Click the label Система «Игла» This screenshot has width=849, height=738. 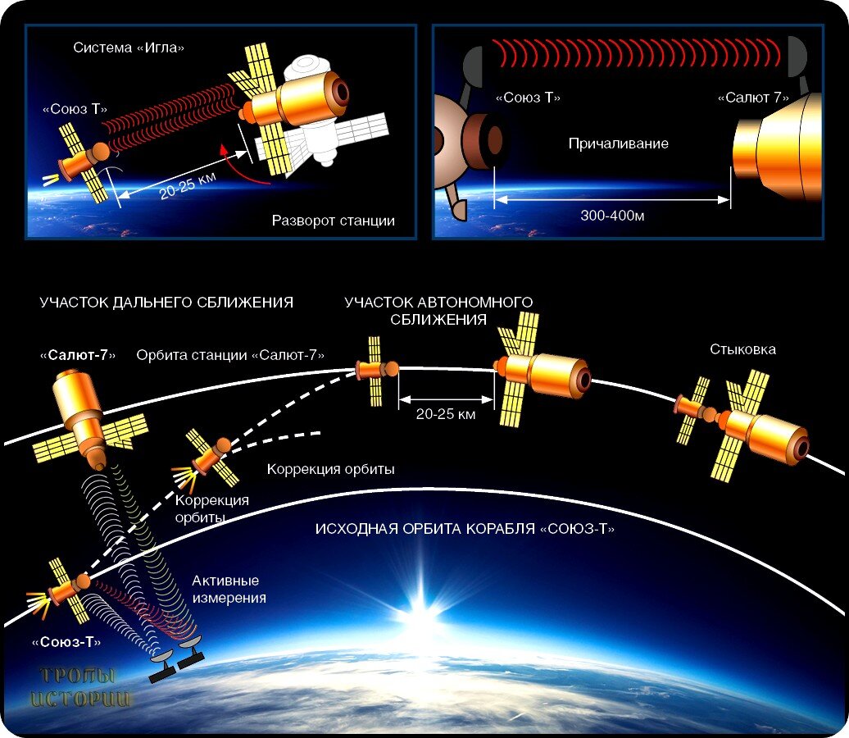tap(129, 48)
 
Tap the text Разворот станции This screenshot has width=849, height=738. tap(333, 221)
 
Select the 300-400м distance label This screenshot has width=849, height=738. tap(611, 216)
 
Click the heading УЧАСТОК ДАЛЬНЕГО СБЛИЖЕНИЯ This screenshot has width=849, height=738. tap(166, 303)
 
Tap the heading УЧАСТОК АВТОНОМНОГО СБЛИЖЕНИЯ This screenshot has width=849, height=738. tap(438, 311)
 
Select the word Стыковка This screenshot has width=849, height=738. tap(742, 349)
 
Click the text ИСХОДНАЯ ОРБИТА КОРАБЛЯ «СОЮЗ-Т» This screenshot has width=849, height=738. tap(465, 529)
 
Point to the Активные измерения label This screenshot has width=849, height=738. tap(229, 590)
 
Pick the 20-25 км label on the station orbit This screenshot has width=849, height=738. tap(446, 414)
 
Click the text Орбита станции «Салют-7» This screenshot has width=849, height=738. tap(231, 355)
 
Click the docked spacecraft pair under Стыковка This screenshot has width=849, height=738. tap(742, 426)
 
